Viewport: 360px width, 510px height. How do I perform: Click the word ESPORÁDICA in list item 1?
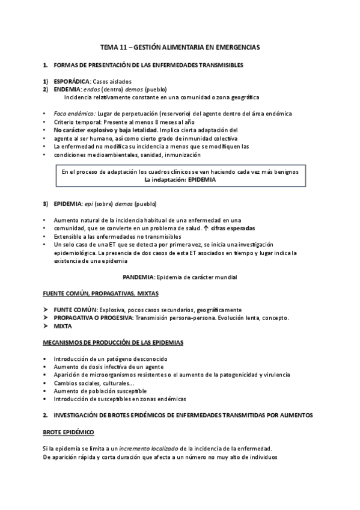pos(72,82)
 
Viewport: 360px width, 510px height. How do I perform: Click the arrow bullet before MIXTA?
pos(46,326)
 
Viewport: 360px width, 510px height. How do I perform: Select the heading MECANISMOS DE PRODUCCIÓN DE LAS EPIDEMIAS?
pos(113,343)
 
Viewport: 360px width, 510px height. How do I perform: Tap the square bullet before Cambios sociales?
pos(46,382)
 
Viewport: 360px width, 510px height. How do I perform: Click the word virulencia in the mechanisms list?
pos(275,375)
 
